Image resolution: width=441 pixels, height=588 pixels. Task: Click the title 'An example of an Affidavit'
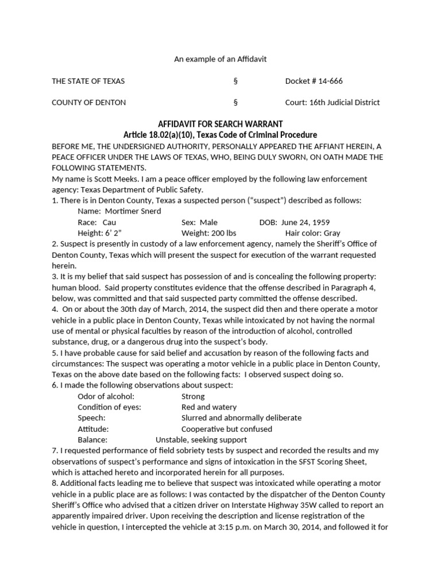tap(220, 59)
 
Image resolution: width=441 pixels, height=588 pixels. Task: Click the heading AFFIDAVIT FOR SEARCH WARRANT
tap(220, 124)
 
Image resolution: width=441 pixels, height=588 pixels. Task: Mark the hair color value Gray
tap(332, 233)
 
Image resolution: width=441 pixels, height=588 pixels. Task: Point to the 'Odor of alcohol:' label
tap(106, 396)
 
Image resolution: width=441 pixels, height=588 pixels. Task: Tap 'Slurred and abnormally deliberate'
tap(241, 418)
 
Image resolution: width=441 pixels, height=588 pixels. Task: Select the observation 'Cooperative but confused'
tap(227, 429)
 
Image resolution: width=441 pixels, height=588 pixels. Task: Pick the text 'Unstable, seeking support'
tap(198, 440)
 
